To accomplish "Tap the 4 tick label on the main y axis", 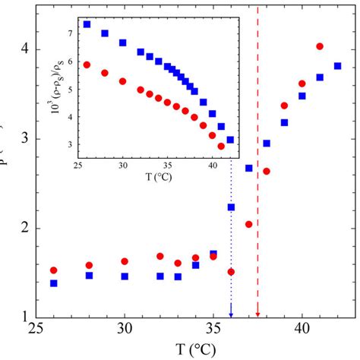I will [x=23, y=49].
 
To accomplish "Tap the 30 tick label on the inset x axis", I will [x=123, y=165].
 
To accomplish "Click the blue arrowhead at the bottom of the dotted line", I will [x=231, y=314].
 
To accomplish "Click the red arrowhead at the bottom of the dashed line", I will [x=257, y=314].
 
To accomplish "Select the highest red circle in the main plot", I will [x=319, y=46].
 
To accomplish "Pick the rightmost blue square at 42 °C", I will [x=337, y=66].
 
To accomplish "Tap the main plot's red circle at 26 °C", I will [x=53, y=270].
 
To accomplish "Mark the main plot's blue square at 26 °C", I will [x=53, y=283].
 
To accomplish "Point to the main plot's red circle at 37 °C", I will [x=248, y=224].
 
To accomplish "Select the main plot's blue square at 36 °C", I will [x=231, y=207].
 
